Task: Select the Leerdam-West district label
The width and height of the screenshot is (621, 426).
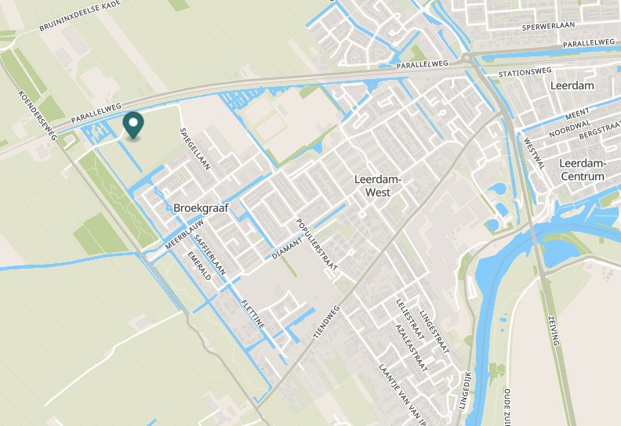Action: coord(378,185)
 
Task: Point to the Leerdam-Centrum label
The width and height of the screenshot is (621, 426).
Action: coord(583,170)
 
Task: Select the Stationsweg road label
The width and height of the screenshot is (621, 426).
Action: coord(525,73)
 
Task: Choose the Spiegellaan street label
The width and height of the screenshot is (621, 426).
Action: coord(196,149)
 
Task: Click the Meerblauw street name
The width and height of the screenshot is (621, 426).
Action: coord(179,235)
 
